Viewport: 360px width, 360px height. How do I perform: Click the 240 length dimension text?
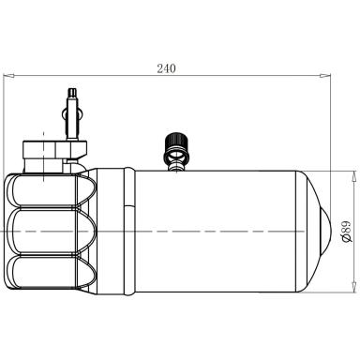167,68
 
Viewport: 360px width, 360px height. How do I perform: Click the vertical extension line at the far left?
5,169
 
